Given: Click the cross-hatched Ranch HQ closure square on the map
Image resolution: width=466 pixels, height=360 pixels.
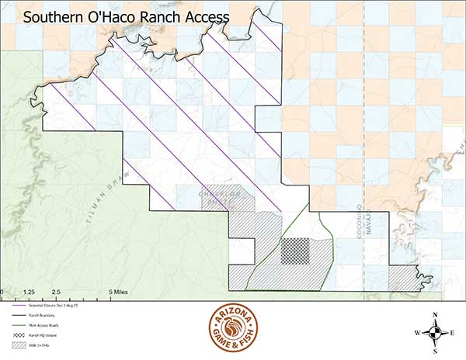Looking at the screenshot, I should tap(295, 251).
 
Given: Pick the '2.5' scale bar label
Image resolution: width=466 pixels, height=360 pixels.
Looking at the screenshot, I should tap(55, 292).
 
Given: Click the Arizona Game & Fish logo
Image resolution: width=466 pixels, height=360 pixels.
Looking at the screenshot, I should tap(233, 329).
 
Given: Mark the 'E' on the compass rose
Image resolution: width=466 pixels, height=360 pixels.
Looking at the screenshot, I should tap(452, 333).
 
